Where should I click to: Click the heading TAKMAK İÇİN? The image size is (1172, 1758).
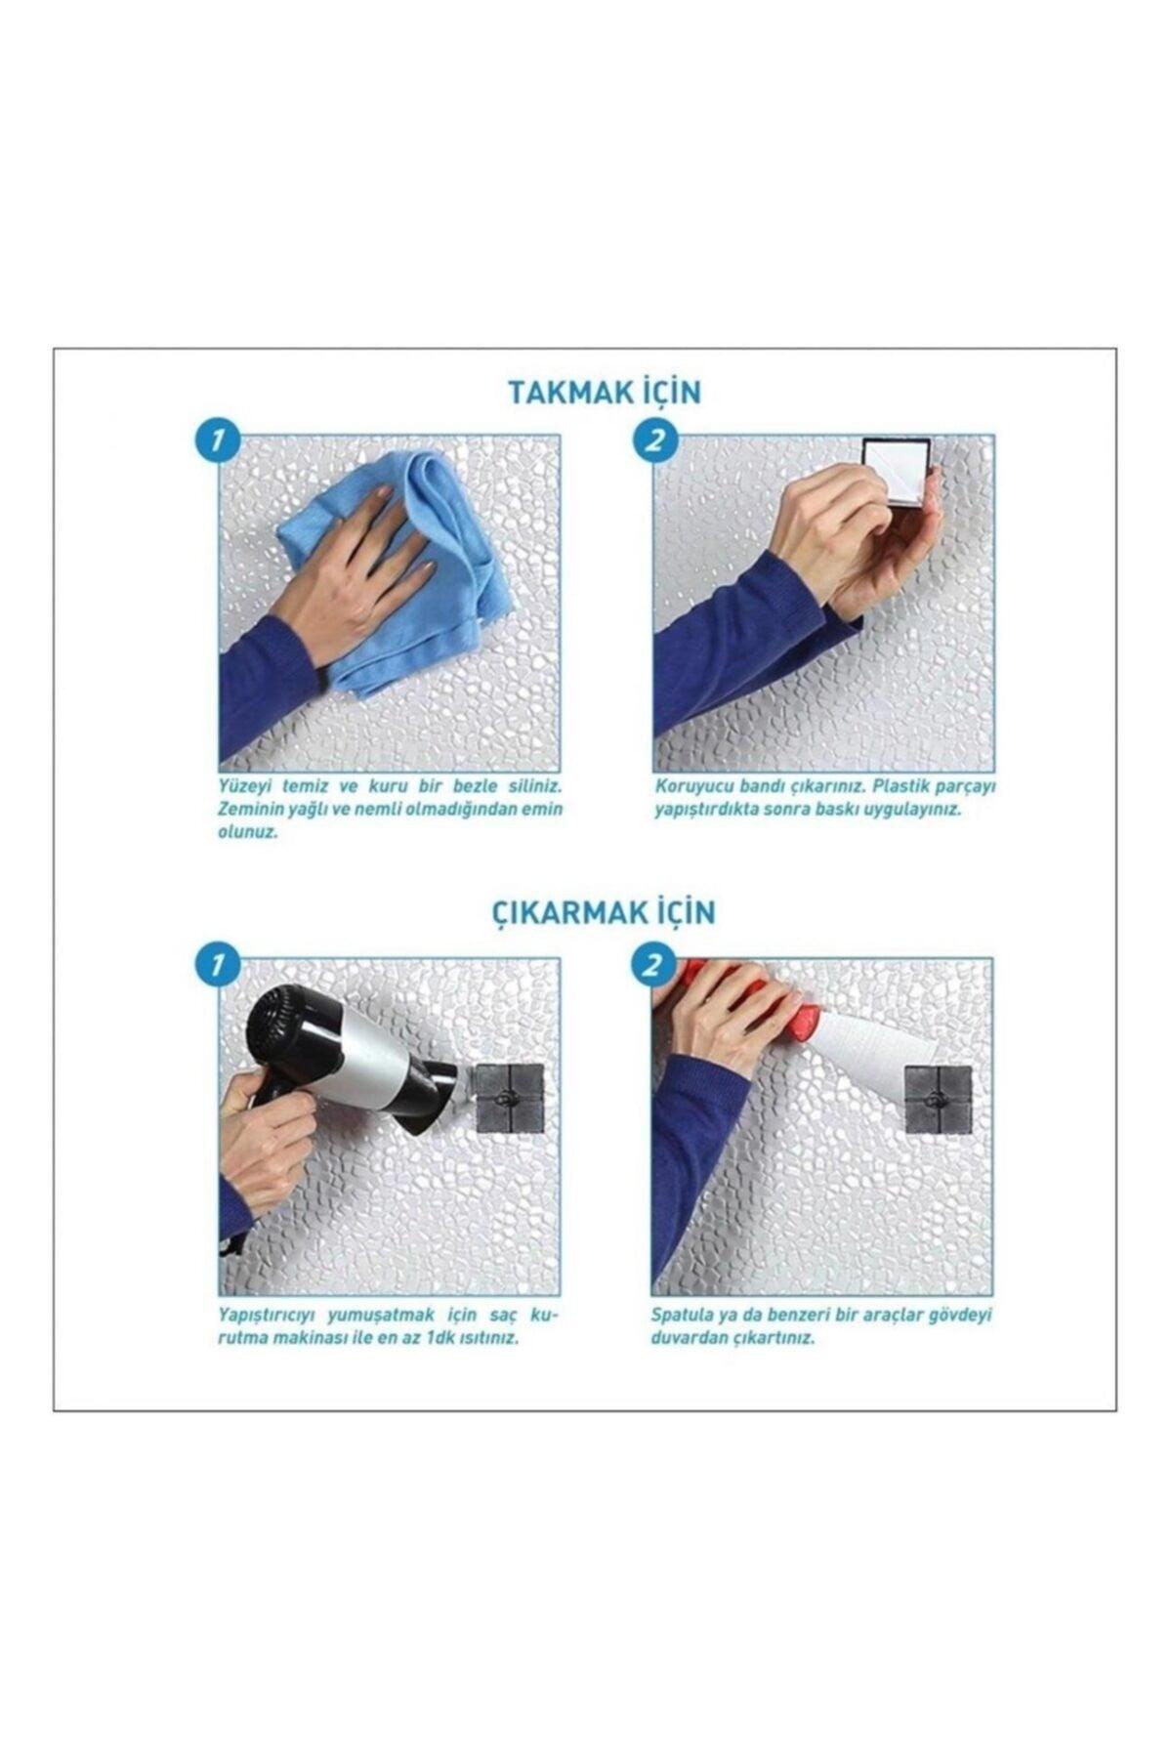(605, 392)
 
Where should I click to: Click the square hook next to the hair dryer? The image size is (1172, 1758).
(508, 1099)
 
